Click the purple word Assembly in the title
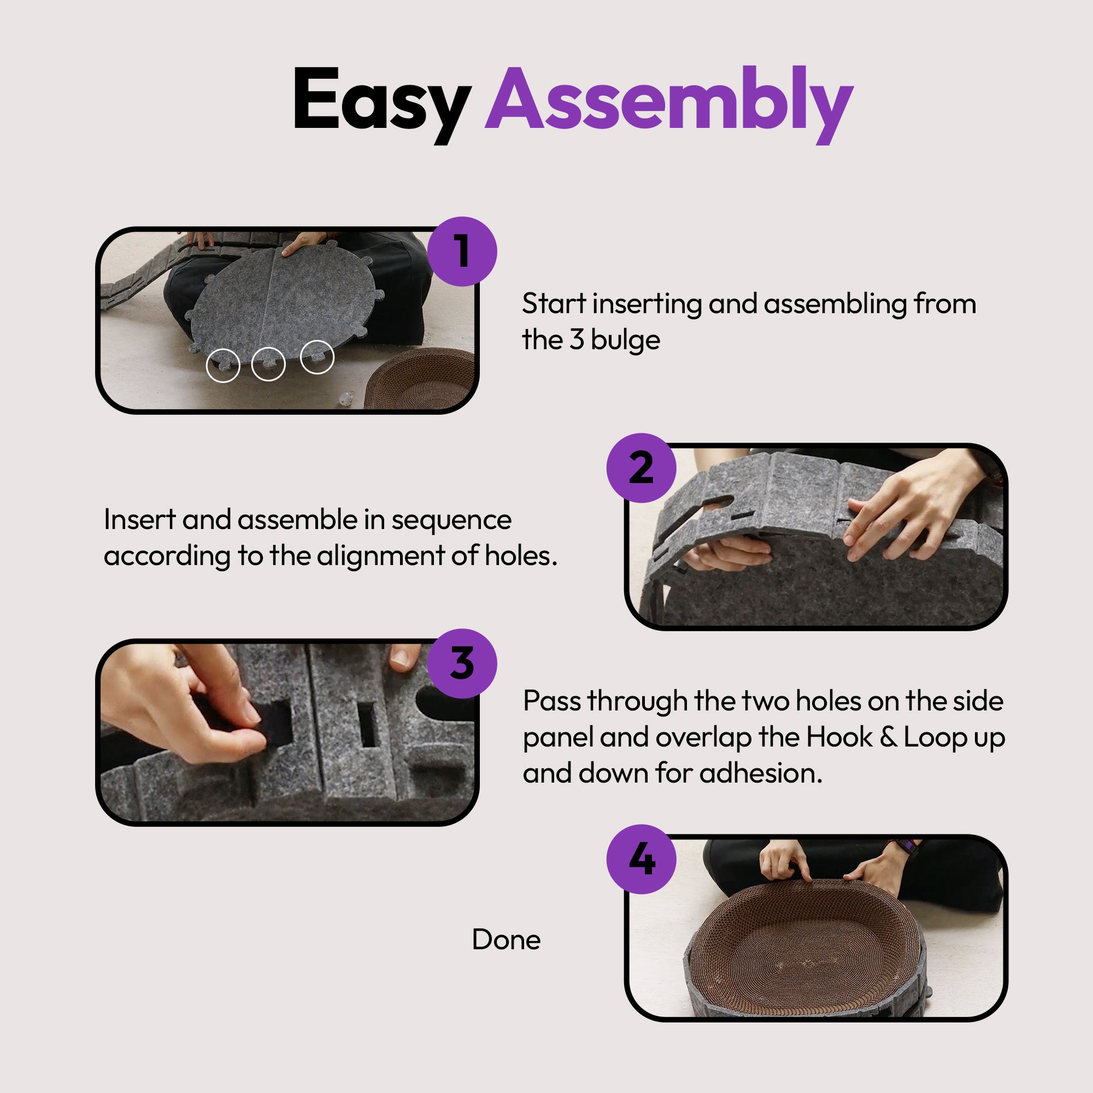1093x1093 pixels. [669, 105]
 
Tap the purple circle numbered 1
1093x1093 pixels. [462, 251]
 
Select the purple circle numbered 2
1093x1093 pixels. [641, 468]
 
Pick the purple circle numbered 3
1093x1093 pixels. [462, 663]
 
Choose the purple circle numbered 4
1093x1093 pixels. [641, 859]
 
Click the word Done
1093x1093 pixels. [506, 939]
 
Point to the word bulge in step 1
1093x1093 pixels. [625, 340]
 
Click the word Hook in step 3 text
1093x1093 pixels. [839, 737]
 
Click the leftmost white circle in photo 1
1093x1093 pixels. [223, 366]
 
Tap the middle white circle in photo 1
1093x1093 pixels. [268, 363]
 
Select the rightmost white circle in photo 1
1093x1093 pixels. [317, 357]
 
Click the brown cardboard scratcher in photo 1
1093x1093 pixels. [419, 380]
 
